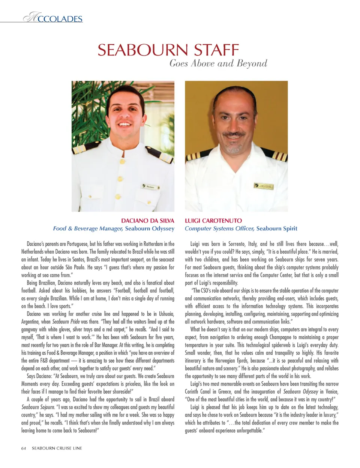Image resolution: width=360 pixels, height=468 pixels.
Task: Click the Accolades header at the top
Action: coord(53,18)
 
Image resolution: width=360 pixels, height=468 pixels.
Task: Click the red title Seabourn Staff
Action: coord(168,50)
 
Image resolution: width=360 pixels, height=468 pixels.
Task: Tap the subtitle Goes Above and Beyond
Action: coord(218,63)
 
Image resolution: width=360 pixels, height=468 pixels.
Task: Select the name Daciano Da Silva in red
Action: coord(148,221)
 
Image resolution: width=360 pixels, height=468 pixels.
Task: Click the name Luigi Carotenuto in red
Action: coord(213,221)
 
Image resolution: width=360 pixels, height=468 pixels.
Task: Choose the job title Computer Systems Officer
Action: coord(219,229)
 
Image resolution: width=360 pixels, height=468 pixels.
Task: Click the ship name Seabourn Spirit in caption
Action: coord(277,229)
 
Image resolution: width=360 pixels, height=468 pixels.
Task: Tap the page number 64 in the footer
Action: coord(24,448)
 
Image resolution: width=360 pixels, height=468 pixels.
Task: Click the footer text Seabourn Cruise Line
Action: coord(57,448)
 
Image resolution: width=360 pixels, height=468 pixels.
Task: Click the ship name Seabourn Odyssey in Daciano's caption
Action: coord(150,229)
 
